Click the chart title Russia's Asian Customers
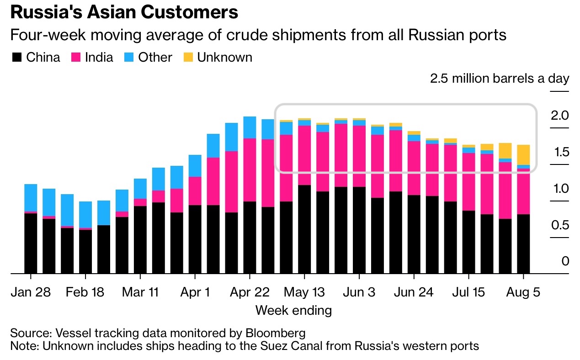coord(124,12)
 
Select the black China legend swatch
coord(16,58)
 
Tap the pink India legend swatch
coord(76,58)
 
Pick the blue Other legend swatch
coord(129,58)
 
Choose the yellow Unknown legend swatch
coord(188,58)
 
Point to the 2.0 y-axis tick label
coord(559,116)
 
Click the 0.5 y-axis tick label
coord(559,225)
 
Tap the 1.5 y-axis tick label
coord(559,152)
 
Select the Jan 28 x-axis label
coord(31,292)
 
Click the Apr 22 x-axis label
coord(250,292)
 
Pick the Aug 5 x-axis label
coord(523,292)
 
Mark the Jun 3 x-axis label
coord(359,292)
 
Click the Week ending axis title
coord(293,311)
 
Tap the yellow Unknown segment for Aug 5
coord(523,155)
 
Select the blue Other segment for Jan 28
coord(31,198)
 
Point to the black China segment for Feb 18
coord(85,251)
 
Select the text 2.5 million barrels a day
coord(500,79)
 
